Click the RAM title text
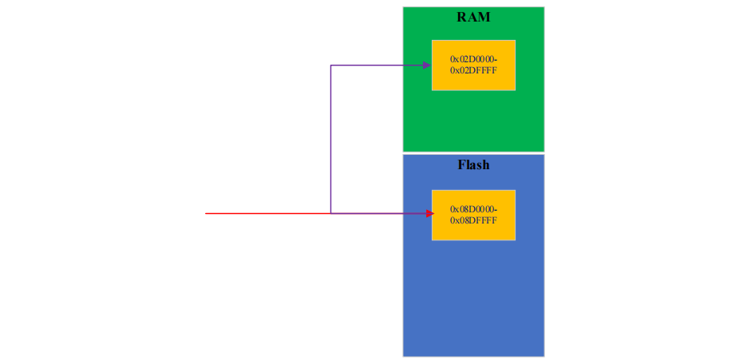473,17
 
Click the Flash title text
473,165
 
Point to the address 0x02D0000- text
473,59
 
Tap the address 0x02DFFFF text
473,70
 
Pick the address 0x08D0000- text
473,209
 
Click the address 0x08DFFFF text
473,220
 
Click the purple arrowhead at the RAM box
427,65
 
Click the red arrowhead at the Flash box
429,213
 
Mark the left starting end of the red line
206,213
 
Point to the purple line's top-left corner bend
331,65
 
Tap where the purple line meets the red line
331,213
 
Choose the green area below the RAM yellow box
473,120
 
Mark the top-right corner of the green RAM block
543,8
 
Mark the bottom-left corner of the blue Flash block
404,355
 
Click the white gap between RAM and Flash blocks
473,152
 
